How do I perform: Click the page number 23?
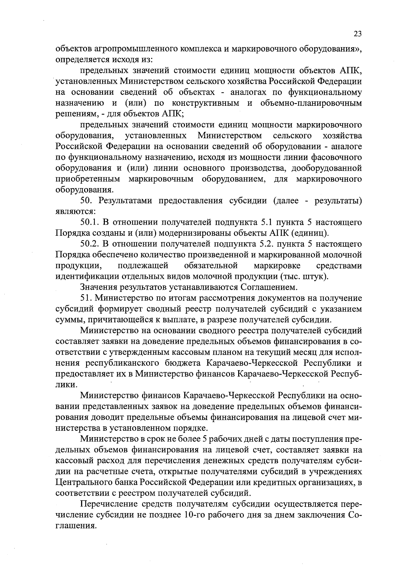(357, 34)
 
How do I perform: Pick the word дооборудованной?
(326, 168)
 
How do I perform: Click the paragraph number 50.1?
(91, 222)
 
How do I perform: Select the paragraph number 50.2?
(91, 244)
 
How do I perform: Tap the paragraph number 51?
(86, 298)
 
